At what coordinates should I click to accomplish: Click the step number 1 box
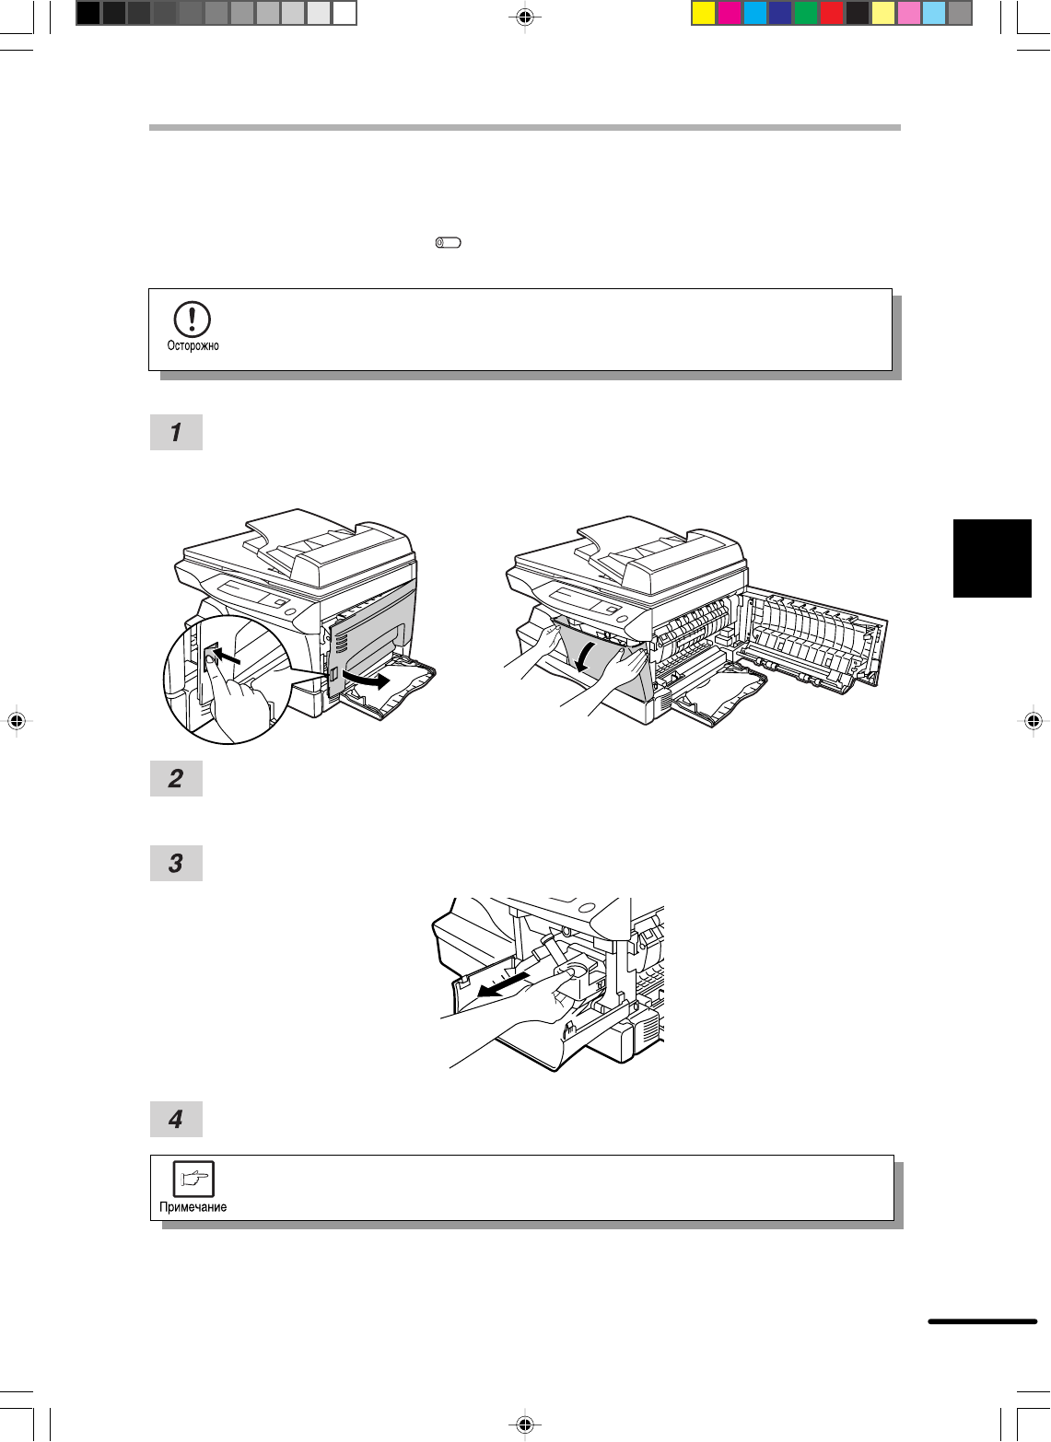pyautogui.click(x=176, y=432)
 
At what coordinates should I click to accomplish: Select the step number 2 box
pyautogui.click(x=176, y=778)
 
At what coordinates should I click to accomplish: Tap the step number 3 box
pyautogui.click(x=176, y=864)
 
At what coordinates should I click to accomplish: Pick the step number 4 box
pyautogui.click(x=176, y=1119)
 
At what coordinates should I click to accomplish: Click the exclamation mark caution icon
pyautogui.click(x=192, y=320)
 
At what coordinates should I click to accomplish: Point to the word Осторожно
pyautogui.click(x=193, y=345)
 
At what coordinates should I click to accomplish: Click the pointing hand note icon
pyautogui.click(x=193, y=1178)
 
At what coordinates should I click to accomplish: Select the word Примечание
pyautogui.click(x=193, y=1207)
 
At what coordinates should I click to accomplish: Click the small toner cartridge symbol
pyautogui.click(x=449, y=243)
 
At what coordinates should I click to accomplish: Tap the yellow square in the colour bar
pyautogui.click(x=704, y=14)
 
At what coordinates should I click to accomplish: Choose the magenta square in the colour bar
pyautogui.click(x=729, y=14)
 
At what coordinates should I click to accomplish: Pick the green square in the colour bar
pyautogui.click(x=806, y=14)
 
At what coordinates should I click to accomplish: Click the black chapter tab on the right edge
pyautogui.click(x=992, y=558)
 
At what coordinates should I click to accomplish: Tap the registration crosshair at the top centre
pyautogui.click(x=525, y=17)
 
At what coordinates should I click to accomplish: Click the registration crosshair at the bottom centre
pyautogui.click(x=525, y=1424)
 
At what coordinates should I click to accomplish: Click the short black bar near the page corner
pyautogui.click(x=982, y=1321)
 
